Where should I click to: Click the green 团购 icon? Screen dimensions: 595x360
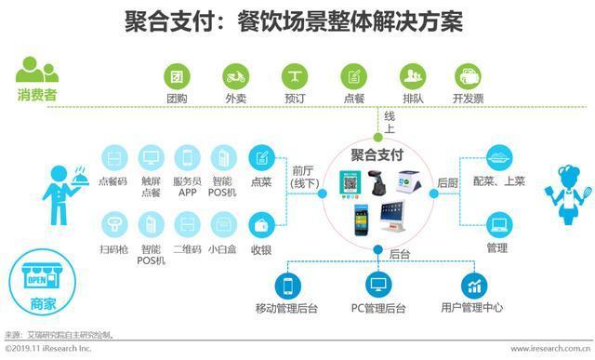pos(177,76)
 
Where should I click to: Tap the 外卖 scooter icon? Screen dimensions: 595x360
pos(235,76)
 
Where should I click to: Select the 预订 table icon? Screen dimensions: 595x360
pos(295,76)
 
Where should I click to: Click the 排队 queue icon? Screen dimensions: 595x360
pos(412,76)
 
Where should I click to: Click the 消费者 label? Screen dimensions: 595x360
pos(36,93)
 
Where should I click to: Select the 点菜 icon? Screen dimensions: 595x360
pos(261,156)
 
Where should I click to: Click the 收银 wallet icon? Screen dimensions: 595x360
pos(261,223)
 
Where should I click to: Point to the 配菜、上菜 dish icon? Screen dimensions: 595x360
pos(498,156)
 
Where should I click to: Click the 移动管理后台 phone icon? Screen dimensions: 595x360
pos(288,285)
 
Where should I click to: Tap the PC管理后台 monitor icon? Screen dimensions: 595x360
pos(378,285)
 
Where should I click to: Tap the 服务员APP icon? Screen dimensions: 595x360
pos(187,156)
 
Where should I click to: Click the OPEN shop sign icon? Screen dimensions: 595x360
pos(36,280)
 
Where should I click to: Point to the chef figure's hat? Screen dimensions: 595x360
pos(567,172)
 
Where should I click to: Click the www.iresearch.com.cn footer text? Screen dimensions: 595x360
pos(543,348)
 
